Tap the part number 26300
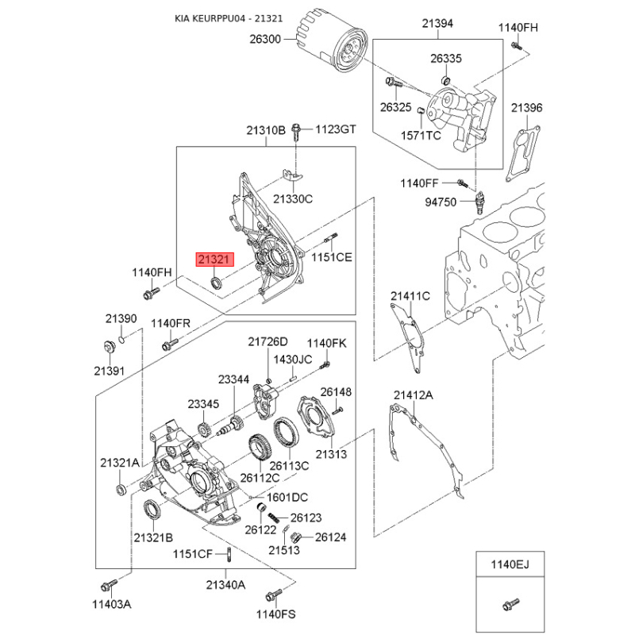click(265, 39)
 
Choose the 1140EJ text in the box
click(508, 565)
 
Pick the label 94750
click(441, 202)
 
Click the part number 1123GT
click(337, 129)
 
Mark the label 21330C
click(293, 199)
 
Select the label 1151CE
click(330, 257)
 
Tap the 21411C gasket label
click(410, 296)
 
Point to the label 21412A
click(413, 394)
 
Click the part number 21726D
click(267, 341)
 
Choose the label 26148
click(335, 392)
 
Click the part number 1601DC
click(287, 498)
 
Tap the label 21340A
click(226, 584)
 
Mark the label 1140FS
click(275, 614)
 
